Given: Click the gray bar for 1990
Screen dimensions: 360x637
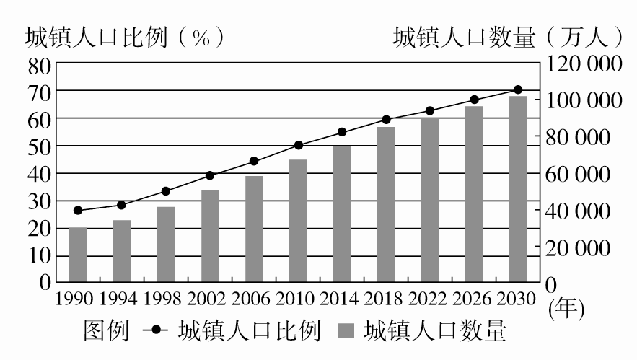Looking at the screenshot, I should [78, 254].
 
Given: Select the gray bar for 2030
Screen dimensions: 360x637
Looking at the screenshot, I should [518, 188].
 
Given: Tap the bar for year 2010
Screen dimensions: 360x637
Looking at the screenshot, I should [298, 220].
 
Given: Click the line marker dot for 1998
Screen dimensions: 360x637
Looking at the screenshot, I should [166, 191].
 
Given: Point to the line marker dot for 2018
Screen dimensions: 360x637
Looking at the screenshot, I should [386, 119].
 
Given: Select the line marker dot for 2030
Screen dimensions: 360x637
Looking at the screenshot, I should [518, 89].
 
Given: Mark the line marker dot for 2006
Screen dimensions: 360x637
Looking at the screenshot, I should [254, 161].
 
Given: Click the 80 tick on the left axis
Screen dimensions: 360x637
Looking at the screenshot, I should [40, 64].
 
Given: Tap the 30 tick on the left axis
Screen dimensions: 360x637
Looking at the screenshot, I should [40, 201].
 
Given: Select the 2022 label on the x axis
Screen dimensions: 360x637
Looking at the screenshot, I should [430, 298].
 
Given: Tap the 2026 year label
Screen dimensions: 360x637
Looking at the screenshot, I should [474, 298].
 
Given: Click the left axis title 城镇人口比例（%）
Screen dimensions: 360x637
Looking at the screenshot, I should [123, 37].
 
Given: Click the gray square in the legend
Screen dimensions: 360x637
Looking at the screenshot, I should [347, 333].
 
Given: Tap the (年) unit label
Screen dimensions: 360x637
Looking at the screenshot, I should [566, 309].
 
